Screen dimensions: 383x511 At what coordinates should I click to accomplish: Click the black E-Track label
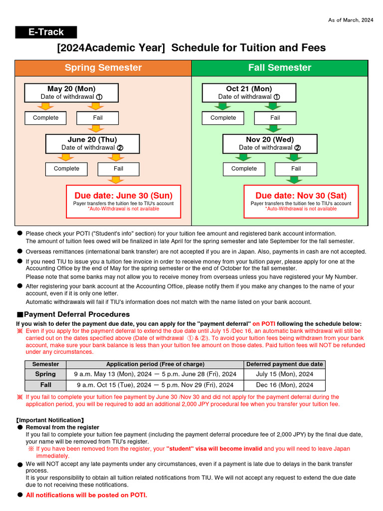tap(46, 32)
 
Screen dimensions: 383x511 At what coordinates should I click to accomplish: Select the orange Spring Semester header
tap(103, 68)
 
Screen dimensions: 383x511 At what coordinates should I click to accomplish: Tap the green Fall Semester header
tap(279, 68)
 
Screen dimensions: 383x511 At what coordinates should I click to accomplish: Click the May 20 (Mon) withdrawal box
tap(71, 93)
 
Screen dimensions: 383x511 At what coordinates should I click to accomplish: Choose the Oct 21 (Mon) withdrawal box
tap(249, 93)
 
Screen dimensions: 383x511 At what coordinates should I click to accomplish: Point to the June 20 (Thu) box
tap(92, 144)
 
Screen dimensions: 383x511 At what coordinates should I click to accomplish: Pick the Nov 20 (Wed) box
tap(270, 144)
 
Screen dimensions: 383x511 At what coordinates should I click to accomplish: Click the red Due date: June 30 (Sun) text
tap(124, 196)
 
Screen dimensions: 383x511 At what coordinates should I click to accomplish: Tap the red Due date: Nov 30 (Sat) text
tap(301, 196)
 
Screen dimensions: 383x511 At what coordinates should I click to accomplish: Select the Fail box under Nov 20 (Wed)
tap(296, 169)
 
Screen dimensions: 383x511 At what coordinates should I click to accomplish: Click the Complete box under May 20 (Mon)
tap(46, 118)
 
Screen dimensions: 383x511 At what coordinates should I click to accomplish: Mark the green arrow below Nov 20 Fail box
tap(295, 180)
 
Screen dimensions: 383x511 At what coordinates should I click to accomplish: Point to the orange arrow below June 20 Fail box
tap(118, 180)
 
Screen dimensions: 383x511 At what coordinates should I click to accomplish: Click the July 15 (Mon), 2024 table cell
tap(284, 374)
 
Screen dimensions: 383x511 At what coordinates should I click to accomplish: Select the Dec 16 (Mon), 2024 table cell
tap(284, 385)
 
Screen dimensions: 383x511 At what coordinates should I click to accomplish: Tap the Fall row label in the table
tap(45, 385)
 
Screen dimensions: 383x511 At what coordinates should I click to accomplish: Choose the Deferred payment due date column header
tap(284, 364)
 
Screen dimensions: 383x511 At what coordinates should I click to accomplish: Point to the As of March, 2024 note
tap(350, 20)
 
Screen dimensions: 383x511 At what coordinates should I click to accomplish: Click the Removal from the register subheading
tap(62, 428)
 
